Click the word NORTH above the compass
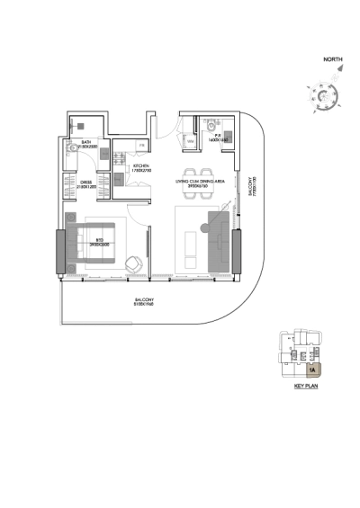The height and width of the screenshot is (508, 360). [x=332, y=61]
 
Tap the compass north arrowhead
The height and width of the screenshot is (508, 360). [x=335, y=80]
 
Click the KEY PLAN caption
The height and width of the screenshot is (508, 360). [x=308, y=386]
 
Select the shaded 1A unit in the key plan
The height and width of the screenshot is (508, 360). [x=311, y=368]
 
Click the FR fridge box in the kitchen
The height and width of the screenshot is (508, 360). [x=141, y=146]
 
